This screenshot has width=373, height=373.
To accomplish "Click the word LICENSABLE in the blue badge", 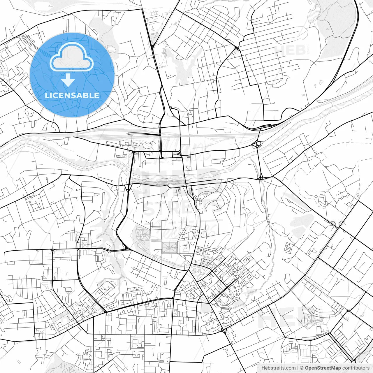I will (72, 95).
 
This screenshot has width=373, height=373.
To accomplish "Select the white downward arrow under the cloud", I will (68, 80).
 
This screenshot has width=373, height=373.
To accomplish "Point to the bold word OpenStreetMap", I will (323, 368).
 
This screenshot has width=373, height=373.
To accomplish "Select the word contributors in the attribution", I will (356, 368).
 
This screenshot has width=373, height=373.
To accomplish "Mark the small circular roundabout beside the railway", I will (259, 143).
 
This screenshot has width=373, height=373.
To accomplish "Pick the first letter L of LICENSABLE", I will (47, 95).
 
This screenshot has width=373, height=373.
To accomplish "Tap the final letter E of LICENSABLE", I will (96, 95).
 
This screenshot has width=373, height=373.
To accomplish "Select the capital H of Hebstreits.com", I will (263, 368).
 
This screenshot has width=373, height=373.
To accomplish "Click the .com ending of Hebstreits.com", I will (291, 368).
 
